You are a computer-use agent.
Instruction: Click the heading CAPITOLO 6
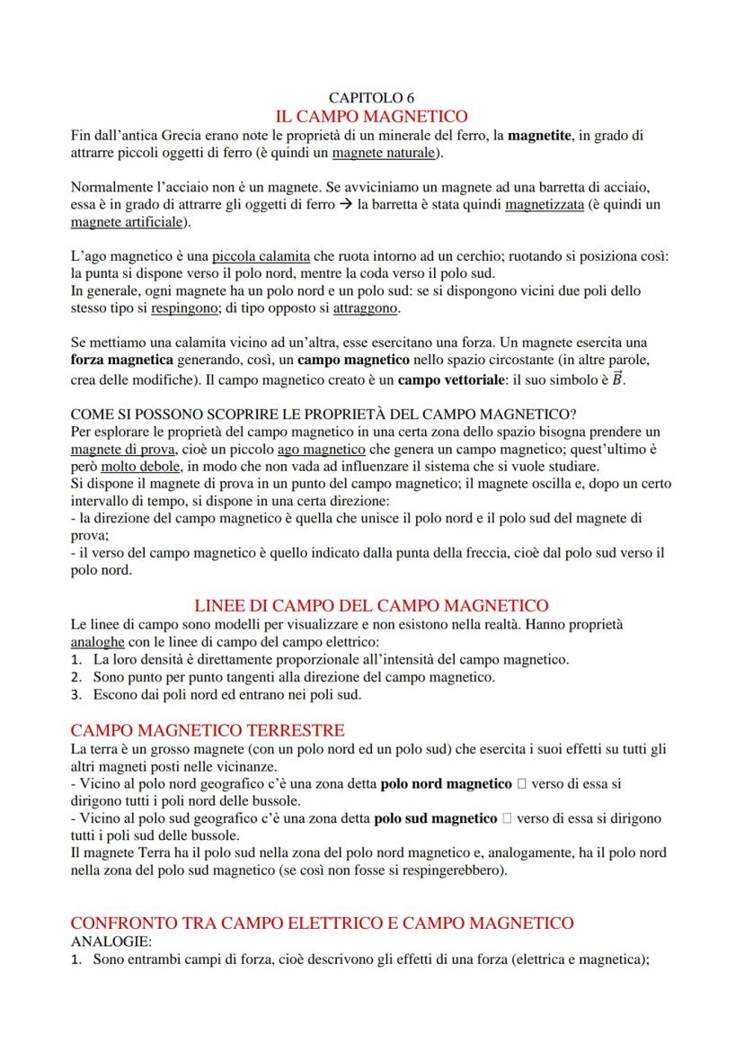click(371, 98)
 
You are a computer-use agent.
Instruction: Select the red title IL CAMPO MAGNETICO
click(371, 117)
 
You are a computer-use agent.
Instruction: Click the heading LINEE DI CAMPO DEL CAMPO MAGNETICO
click(371, 605)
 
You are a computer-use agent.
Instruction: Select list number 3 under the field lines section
click(76, 694)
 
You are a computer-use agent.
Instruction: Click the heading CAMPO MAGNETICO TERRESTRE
click(207, 728)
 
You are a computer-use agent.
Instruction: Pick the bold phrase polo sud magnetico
click(436, 818)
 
